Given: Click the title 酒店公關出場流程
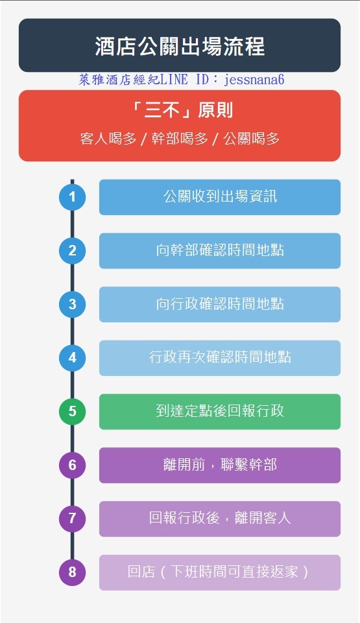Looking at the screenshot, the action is (x=180, y=46).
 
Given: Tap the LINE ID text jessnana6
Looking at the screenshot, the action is (x=254, y=80).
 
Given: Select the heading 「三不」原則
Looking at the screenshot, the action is (x=182, y=110).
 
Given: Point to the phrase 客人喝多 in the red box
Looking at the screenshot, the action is (x=108, y=139).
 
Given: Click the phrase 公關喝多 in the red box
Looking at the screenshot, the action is (x=251, y=139).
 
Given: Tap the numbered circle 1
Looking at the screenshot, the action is (x=72, y=196).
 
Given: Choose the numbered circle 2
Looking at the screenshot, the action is (x=72, y=250).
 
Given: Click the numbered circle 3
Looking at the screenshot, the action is (x=72, y=304).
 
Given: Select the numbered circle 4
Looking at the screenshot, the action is (x=72, y=358).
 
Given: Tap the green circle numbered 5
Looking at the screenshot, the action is (x=72, y=411).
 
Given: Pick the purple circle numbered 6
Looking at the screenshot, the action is (x=72, y=465).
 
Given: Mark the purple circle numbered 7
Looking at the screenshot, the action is (x=72, y=519).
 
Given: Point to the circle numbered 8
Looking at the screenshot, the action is (x=72, y=572).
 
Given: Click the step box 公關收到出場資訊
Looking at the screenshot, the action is (x=220, y=197).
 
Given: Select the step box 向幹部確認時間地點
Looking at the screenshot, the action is (x=220, y=251).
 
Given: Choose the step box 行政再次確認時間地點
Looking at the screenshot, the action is (x=220, y=358).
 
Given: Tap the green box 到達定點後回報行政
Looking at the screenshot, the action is (x=220, y=412).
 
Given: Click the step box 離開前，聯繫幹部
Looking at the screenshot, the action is (x=220, y=465).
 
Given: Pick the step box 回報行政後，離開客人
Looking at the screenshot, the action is (x=220, y=519).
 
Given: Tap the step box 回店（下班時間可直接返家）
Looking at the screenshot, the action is (x=220, y=572).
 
